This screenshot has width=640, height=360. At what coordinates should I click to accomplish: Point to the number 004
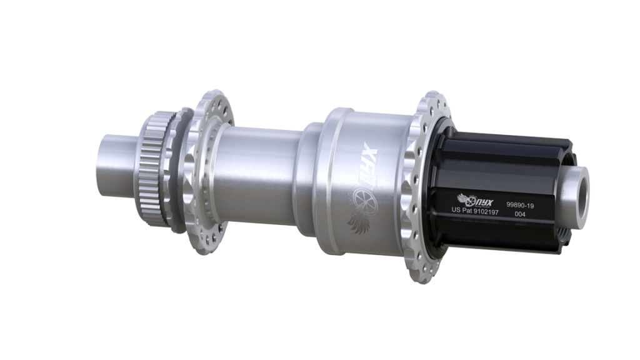[x=519, y=214]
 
